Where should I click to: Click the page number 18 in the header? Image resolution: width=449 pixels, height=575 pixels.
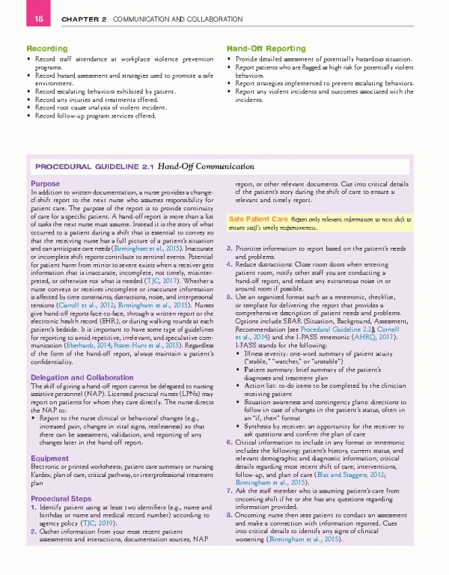tap(13, 18)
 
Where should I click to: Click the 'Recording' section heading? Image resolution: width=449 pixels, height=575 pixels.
tap(46, 49)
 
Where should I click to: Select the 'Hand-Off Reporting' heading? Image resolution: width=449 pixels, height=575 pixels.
tap(262, 49)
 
